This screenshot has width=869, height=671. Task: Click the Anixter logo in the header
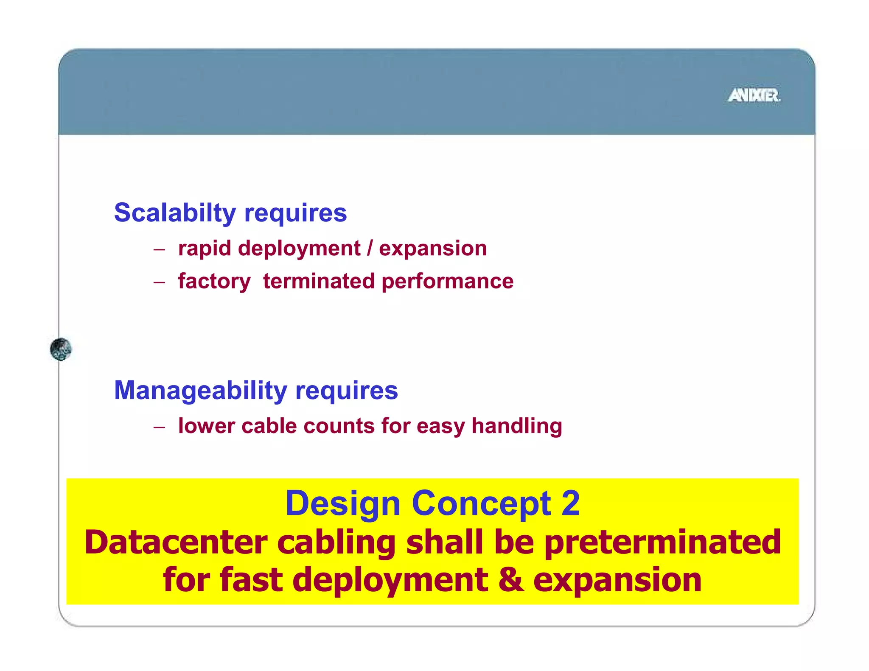(x=754, y=95)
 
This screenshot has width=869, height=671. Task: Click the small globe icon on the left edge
(x=61, y=349)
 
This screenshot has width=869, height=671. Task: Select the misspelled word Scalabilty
(x=175, y=213)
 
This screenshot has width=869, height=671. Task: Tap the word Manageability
(x=200, y=391)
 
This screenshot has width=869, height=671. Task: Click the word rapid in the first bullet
(x=204, y=249)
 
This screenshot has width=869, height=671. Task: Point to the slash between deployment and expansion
(x=370, y=248)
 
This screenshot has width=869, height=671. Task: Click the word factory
(x=214, y=282)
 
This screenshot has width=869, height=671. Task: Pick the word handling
(x=517, y=426)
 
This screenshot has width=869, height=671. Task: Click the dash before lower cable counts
(x=159, y=427)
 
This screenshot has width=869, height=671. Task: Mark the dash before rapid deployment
(x=159, y=249)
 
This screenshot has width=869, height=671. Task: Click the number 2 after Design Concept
(x=570, y=503)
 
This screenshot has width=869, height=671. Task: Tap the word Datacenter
(x=176, y=542)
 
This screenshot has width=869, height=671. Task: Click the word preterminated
(x=662, y=542)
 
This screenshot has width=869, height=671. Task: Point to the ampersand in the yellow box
(x=510, y=580)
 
